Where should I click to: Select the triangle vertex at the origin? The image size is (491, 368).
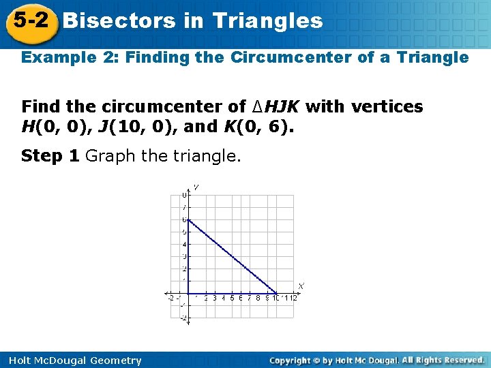pos(188,293)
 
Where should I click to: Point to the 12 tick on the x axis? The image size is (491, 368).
pos(295,298)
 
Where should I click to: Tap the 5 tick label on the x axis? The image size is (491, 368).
pos(232,298)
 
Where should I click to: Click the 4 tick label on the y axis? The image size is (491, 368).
pos(184,245)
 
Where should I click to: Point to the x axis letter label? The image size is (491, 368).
pos(301,286)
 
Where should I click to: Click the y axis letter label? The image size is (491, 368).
pos(196,187)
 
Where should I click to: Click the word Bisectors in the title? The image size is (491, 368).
pos(119,20)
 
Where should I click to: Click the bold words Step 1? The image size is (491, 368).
pos(50,156)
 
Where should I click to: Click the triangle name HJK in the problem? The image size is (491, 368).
pos(284,107)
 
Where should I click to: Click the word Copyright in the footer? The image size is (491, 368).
pos(295,360)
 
